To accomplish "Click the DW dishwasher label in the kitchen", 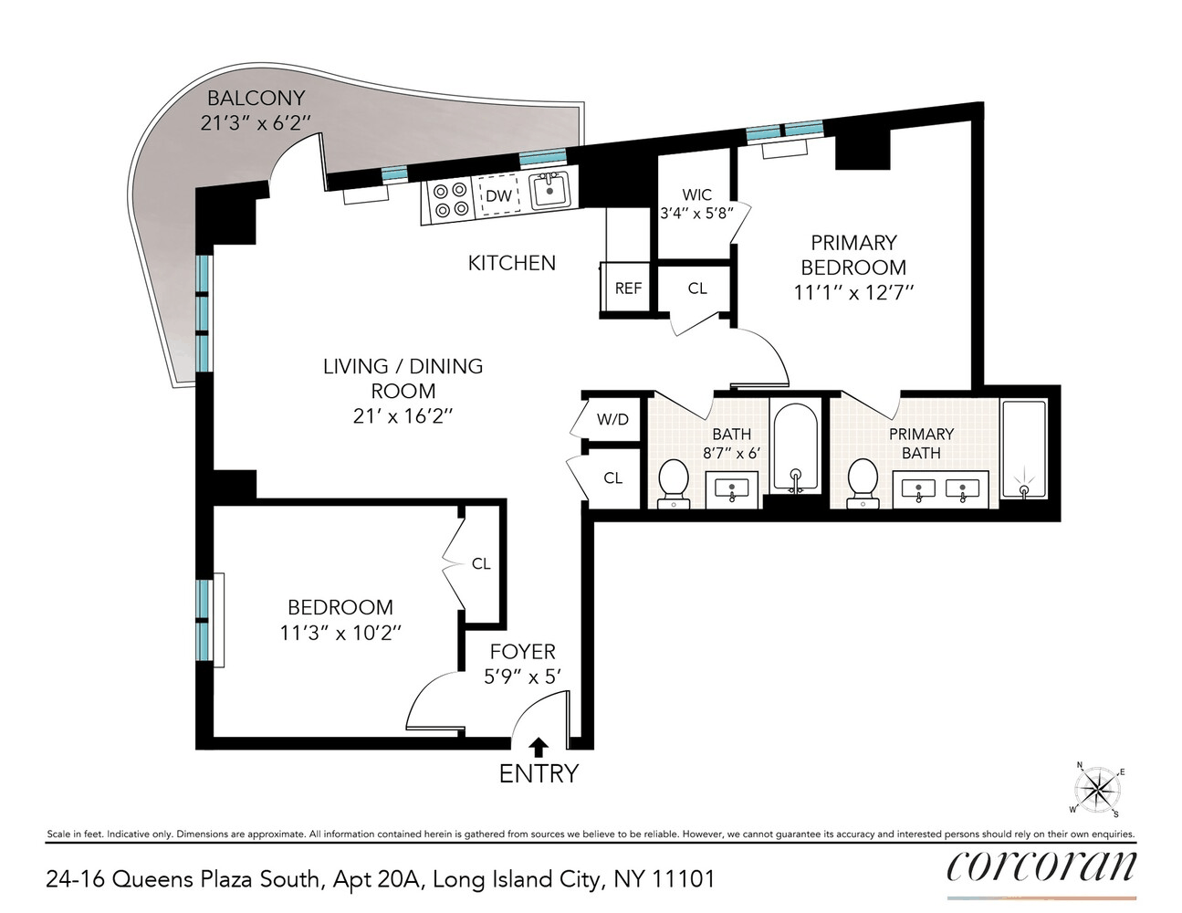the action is (497, 196).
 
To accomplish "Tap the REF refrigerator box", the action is (628, 289).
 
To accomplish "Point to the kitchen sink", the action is (549, 191).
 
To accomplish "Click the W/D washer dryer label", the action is (612, 419).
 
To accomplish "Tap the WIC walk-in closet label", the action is (696, 194).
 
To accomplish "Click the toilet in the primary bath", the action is (863, 483).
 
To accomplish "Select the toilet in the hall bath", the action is (674, 483).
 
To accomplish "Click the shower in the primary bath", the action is (1024, 449).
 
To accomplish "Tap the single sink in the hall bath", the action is (732, 489).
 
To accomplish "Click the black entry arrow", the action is (539, 748).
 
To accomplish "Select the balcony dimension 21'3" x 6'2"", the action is (256, 123).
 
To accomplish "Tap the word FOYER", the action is (522, 652).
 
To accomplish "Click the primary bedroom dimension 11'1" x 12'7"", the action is (853, 293).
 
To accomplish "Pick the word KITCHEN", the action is (512, 263).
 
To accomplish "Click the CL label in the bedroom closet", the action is (481, 563).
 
